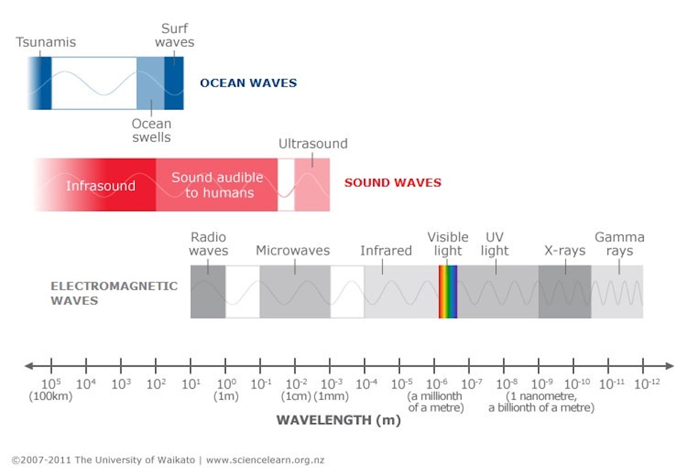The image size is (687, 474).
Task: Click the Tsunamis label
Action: [46, 42]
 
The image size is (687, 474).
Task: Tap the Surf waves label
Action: [175, 35]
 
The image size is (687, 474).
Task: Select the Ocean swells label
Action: [151, 130]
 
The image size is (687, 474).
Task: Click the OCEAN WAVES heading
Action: [248, 83]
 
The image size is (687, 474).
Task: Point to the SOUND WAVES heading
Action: [392, 183]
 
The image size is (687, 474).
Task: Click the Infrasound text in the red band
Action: [101, 186]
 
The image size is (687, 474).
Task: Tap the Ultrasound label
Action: [313, 144]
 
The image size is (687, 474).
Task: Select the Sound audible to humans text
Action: [218, 185]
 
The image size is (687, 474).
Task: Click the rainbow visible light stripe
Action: [448, 292]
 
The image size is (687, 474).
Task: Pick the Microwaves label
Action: [293, 250]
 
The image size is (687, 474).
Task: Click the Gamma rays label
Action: [619, 244]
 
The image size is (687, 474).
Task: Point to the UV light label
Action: [495, 244]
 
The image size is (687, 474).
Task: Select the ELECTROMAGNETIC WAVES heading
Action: [114, 293]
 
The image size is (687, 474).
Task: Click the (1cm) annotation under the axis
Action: [295, 396]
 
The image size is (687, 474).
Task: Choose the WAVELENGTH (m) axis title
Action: [338, 420]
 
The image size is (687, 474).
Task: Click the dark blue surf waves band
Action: [174, 83]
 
